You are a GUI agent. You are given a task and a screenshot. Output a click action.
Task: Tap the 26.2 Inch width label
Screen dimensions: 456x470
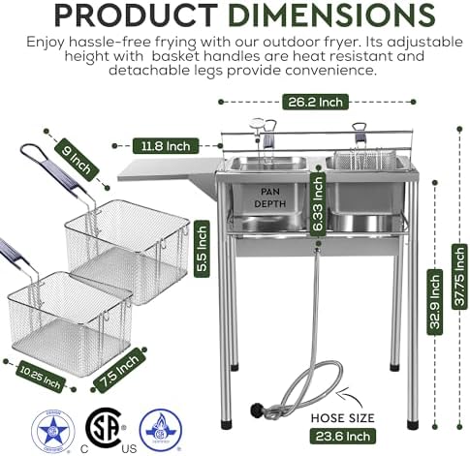click(317, 100)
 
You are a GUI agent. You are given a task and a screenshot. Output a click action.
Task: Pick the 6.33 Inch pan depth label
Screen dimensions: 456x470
click(318, 209)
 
